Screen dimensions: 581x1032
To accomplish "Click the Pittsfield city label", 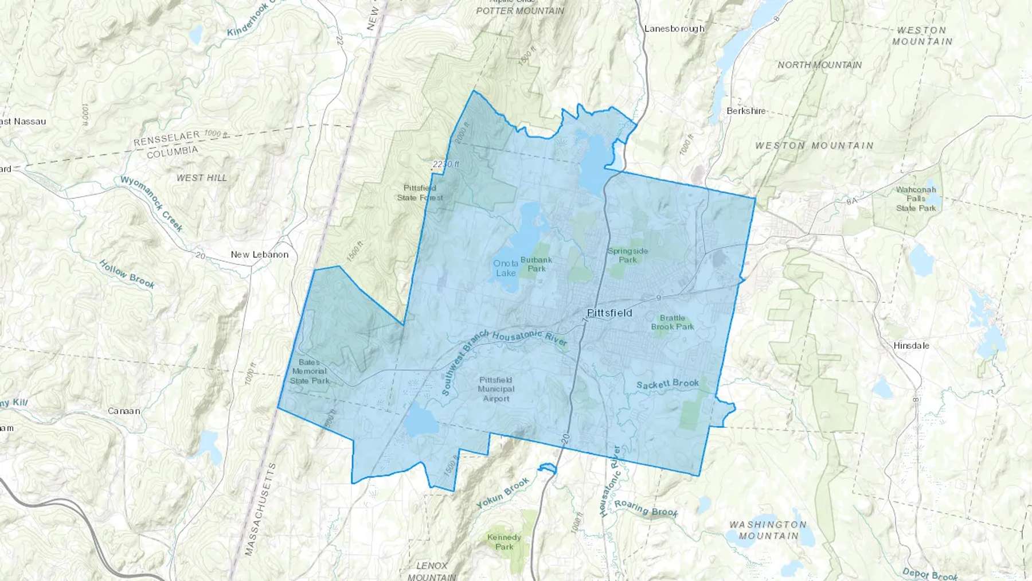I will tap(609, 313).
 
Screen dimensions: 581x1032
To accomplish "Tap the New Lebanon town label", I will tap(259, 254).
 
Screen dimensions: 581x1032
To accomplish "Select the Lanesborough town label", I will tap(674, 29).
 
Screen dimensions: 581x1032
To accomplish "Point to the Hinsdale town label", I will tap(911, 345).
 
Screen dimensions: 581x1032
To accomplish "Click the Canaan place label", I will tap(124, 411).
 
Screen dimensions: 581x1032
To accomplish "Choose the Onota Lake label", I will tap(506, 268).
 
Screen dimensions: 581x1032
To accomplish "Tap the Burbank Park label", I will tap(536, 264).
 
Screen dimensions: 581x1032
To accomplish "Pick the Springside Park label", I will tap(628, 255).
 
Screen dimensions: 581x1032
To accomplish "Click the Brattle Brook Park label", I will tap(673, 322).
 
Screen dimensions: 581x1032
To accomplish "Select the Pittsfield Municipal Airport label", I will tap(496, 389).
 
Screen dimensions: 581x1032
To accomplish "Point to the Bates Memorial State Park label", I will tap(310, 371).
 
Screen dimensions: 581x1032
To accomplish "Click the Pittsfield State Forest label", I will tap(420, 193).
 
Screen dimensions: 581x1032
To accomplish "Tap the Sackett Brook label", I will tap(668, 384).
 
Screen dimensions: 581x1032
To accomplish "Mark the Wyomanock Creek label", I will tap(152, 204).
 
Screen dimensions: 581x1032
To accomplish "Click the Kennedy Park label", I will tap(504, 542).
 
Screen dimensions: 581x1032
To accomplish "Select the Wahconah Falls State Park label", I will tap(916, 198).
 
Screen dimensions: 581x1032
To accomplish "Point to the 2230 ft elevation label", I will tap(446, 164).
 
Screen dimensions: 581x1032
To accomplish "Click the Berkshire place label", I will tap(746, 111).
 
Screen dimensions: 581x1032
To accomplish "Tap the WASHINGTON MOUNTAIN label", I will tap(768, 530).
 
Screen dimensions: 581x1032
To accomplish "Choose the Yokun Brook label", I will tap(503, 493).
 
